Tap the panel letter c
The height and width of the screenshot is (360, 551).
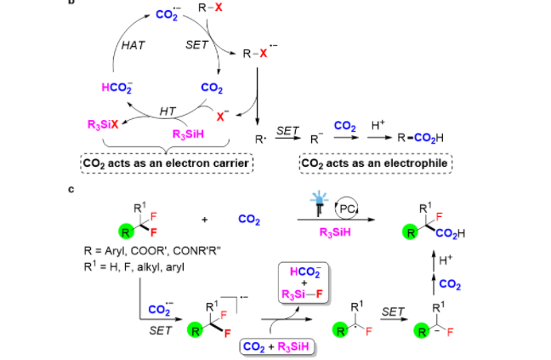click(71, 191)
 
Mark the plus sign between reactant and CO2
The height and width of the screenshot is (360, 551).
click(205, 220)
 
